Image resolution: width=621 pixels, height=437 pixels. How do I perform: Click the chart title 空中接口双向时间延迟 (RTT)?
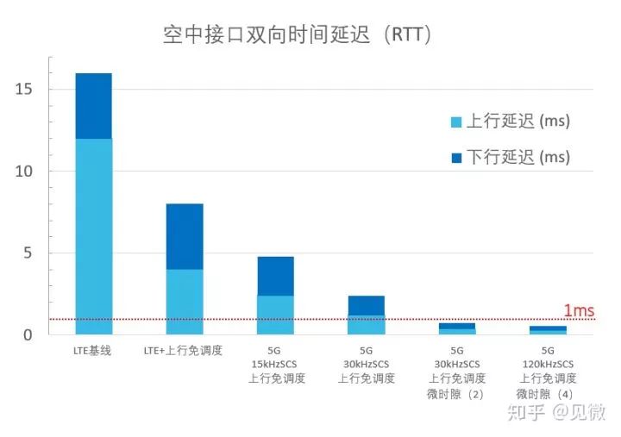click(298, 35)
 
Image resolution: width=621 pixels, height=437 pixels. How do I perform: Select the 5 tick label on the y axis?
click(29, 253)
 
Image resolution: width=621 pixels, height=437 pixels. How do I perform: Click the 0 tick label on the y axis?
click(29, 334)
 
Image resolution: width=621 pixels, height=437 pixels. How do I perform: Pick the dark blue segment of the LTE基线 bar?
click(93, 106)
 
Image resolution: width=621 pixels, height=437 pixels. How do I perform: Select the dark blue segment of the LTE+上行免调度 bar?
click(185, 236)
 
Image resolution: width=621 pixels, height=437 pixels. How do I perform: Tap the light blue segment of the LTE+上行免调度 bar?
click(185, 302)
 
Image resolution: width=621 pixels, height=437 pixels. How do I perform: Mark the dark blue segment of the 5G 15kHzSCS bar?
click(275, 276)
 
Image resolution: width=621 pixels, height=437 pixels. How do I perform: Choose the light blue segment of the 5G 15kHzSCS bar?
click(275, 315)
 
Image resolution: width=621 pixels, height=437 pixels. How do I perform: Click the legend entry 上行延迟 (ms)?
click(510, 122)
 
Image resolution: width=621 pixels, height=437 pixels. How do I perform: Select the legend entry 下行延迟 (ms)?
click(510, 157)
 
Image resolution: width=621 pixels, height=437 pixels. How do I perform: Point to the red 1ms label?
click(579, 311)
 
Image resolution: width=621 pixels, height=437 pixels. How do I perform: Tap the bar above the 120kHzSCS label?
click(548, 329)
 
